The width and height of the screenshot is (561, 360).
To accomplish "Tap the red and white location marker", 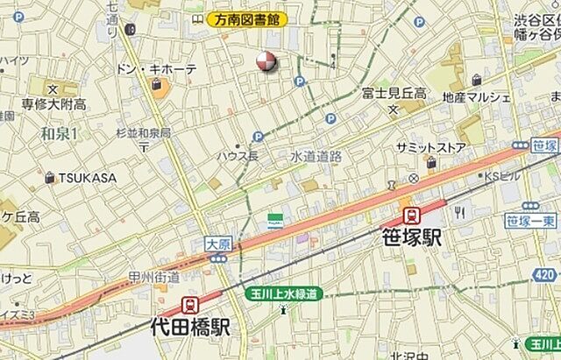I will tap(266, 60).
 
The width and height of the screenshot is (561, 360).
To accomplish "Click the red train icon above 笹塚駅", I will tap(409, 215).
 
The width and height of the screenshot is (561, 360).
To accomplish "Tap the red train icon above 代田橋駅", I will tap(189, 305).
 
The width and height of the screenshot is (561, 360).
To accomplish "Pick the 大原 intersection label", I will tap(218, 244).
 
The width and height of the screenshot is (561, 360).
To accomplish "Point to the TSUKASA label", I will tap(87, 178).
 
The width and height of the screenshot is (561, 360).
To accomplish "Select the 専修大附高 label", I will tap(53, 104).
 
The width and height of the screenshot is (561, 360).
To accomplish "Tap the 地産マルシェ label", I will tap(476, 96).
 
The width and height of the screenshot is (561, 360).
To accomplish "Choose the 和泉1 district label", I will tap(60, 133).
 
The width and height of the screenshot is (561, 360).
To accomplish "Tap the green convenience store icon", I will tap(275, 220).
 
